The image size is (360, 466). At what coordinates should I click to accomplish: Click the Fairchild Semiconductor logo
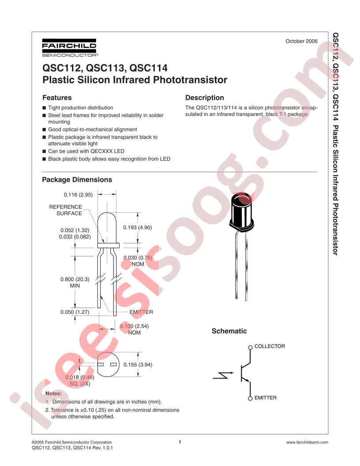[69, 48]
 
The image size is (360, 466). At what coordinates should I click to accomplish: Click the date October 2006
[301, 41]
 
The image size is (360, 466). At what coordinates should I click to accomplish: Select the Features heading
[57, 98]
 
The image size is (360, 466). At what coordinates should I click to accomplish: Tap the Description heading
[205, 98]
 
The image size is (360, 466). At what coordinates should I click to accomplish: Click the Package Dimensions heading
[77, 180]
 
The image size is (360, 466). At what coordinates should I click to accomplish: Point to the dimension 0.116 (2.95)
[78, 195]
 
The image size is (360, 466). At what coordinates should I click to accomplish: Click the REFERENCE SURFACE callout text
[66, 210]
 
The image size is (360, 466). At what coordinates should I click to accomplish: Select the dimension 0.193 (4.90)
[138, 228]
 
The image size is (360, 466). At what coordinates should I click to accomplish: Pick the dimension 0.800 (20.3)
[75, 279]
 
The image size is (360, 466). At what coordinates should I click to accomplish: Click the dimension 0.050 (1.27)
[75, 312]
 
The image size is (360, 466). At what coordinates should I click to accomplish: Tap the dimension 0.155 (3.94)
[138, 365]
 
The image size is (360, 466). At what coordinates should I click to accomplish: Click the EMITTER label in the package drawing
[141, 312]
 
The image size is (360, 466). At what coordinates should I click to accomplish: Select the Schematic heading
[229, 331]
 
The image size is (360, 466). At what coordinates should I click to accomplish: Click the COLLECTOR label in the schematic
[270, 346]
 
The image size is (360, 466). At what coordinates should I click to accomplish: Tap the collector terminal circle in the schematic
[250, 347]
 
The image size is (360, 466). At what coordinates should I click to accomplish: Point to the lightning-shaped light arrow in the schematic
[221, 376]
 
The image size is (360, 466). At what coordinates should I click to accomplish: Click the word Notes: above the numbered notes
[53, 394]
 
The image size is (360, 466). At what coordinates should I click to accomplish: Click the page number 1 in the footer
[180, 442]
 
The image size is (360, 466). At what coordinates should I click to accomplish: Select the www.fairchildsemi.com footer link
[307, 442]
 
